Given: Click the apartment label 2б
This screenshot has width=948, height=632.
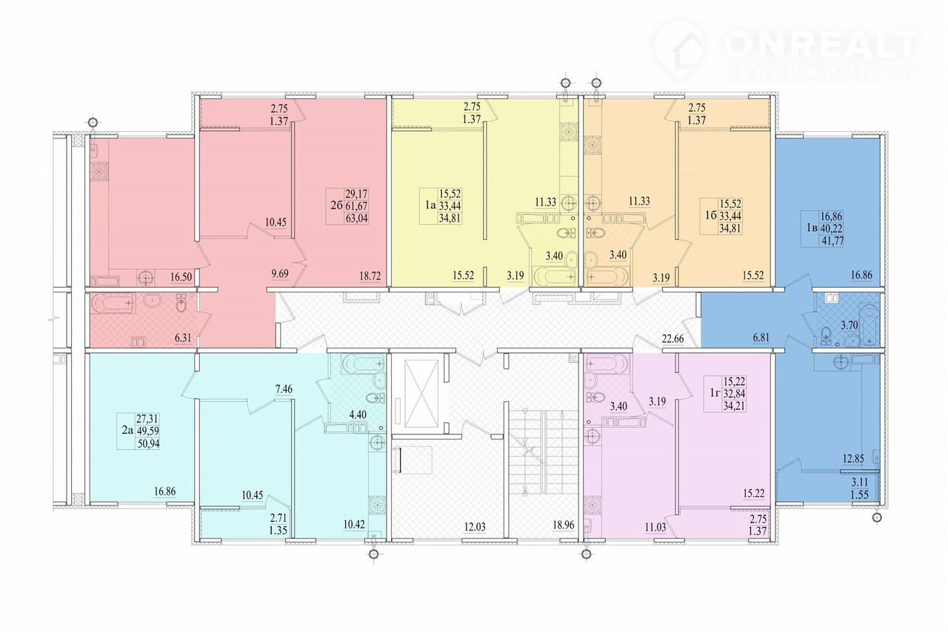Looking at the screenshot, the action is click(336, 206).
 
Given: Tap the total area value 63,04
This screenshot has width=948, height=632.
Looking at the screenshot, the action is click(357, 219).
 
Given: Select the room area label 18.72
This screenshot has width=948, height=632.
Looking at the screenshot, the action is click(370, 276).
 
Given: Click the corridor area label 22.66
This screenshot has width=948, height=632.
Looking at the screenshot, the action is click(673, 338).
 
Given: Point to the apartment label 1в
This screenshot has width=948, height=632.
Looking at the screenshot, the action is click(811, 229).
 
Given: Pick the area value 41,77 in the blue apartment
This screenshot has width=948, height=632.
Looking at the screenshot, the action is click(832, 241).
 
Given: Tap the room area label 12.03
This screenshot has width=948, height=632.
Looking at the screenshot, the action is click(475, 527).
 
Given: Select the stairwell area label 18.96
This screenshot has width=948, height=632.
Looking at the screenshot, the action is click(564, 525).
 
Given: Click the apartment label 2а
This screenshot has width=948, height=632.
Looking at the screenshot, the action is click(127, 431).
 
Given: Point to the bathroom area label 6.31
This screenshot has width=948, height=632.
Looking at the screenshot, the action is click(183, 337).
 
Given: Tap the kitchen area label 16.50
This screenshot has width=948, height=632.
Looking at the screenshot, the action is click(181, 277).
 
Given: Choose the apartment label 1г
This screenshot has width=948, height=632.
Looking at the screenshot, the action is click(715, 394).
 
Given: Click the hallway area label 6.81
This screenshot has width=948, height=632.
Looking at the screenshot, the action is click(761, 337).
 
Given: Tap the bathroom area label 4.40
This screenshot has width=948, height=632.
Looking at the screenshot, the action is click(358, 414).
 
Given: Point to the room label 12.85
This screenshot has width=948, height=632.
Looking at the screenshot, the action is click(852, 459).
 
